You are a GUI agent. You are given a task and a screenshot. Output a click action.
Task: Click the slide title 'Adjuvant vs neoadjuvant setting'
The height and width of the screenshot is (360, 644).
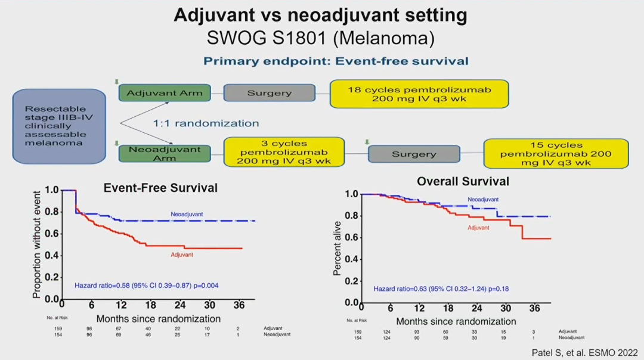[321, 14]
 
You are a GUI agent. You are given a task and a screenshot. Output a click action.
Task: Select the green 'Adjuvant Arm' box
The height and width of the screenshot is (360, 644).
[165, 93]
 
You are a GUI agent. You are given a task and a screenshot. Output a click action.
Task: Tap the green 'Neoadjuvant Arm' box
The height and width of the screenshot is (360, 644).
[165, 154]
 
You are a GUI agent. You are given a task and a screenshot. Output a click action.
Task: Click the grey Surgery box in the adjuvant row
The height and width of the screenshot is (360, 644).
[269, 93]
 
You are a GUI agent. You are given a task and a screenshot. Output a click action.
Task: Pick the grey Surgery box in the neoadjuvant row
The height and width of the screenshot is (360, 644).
[413, 154]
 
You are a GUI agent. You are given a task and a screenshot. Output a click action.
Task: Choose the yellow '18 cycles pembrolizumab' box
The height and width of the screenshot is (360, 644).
[419, 94]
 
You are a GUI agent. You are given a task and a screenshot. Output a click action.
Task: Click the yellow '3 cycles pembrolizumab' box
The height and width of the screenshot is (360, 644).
[284, 152]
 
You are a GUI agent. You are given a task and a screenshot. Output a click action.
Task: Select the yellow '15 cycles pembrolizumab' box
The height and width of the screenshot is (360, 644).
[556, 153]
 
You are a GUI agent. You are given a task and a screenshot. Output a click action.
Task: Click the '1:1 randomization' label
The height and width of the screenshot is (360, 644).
[206, 123]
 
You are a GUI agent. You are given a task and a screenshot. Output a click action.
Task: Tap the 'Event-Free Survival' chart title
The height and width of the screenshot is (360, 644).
[160, 188]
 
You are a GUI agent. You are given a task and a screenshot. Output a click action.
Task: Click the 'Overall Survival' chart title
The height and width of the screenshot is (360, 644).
[463, 181]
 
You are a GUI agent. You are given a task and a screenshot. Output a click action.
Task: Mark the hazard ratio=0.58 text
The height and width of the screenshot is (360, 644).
[147, 285]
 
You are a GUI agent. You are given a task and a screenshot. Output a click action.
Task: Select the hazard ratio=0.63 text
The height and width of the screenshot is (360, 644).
[441, 289]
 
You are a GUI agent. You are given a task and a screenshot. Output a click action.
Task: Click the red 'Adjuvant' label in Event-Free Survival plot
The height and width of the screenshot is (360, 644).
[181, 255]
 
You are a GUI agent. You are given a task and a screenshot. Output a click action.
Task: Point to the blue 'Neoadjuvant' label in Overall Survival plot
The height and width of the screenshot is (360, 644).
[483, 200]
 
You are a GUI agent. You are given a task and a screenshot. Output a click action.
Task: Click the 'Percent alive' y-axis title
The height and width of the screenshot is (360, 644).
[338, 249]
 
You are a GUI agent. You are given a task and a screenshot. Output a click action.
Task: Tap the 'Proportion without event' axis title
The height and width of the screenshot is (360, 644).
[37, 244]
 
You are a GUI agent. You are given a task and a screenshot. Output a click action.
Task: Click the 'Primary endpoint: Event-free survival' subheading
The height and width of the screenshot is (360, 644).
[336, 61]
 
